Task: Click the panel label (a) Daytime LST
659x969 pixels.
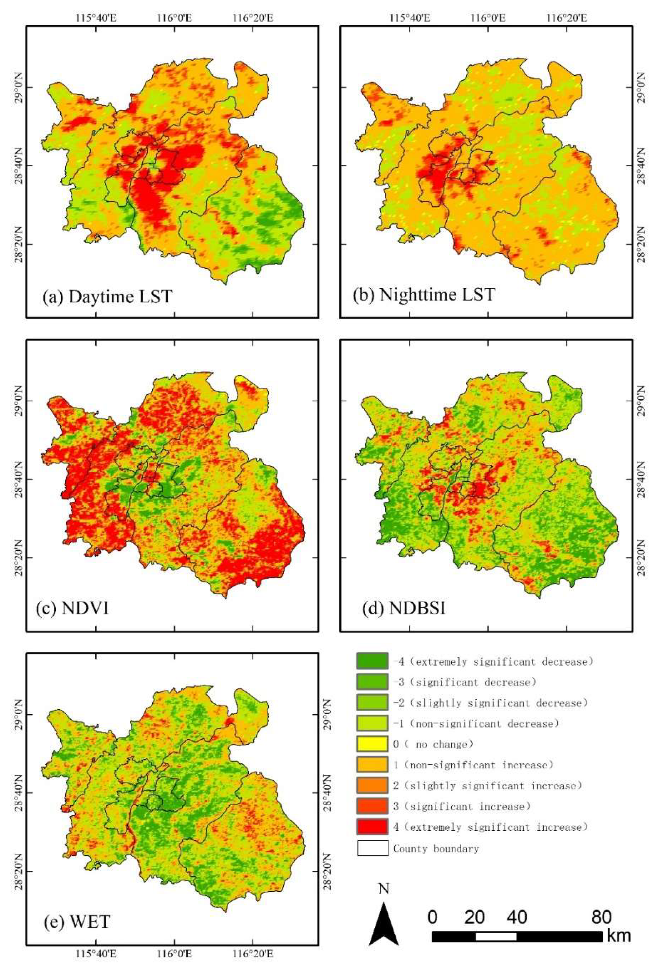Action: coord(107,296)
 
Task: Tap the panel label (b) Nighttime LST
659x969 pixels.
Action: coord(424,295)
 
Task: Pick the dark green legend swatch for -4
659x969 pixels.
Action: coord(372,661)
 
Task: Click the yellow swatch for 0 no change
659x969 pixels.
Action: coord(372,744)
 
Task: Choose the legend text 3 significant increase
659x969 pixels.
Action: coord(462,806)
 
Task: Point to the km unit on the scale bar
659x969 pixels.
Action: coord(618,935)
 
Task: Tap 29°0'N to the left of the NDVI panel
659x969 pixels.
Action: coord(18,401)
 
